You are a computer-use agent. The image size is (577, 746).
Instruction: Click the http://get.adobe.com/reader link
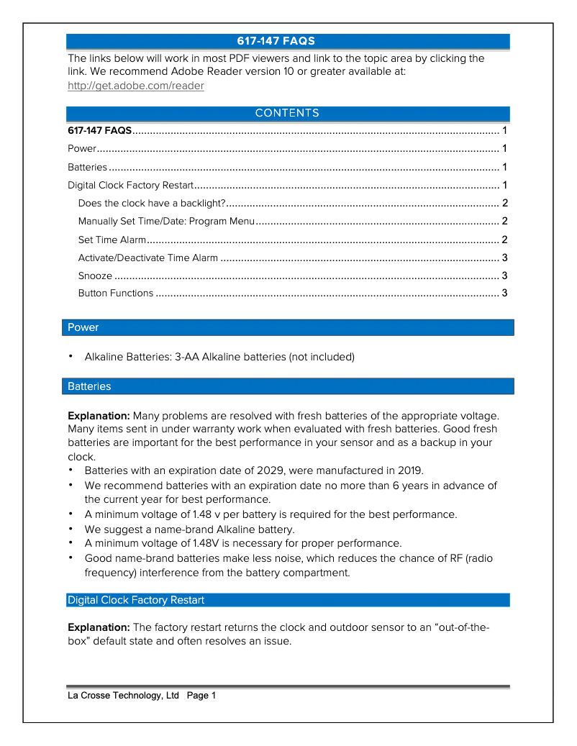tap(135, 86)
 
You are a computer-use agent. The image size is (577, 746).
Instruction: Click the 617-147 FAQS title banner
tap(287, 41)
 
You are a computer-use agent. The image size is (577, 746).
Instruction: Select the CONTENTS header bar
tap(287, 114)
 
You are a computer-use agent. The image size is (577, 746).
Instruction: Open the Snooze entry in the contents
tap(95, 276)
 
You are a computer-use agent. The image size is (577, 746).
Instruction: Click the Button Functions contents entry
tap(116, 293)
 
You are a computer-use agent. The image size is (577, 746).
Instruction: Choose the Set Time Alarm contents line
tap(112, 240)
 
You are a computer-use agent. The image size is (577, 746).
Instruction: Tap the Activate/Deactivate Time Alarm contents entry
tap(147, 258)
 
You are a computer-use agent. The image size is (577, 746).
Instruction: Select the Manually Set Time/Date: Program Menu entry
tap(166, 221)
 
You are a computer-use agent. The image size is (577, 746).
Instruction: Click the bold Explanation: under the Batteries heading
tap(99, 416)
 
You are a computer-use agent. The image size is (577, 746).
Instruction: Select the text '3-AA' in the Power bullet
tap(187, 357)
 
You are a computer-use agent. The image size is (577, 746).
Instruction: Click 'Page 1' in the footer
tap(201, 696)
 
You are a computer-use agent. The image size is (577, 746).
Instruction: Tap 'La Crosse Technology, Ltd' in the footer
tap(123, 696)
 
